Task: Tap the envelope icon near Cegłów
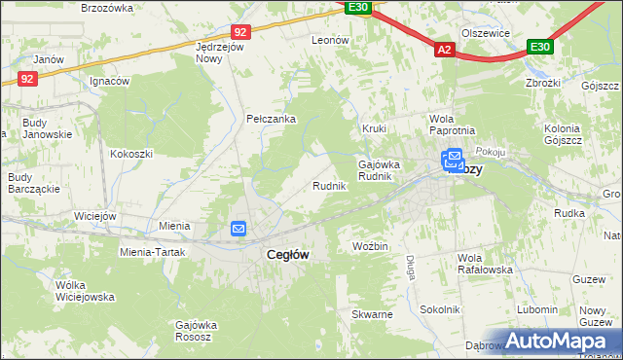[x=239, y=229]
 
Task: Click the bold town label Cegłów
[x=288, y=254]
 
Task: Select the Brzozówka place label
[x=107, y=8]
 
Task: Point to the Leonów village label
[x=330, y=40]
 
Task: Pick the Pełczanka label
[x=271, y=120]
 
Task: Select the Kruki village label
[x=375, y=127]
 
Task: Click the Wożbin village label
[x=371, y=246]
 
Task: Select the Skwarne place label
[x=373, y=315]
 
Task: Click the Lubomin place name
[x=537, y=309]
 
